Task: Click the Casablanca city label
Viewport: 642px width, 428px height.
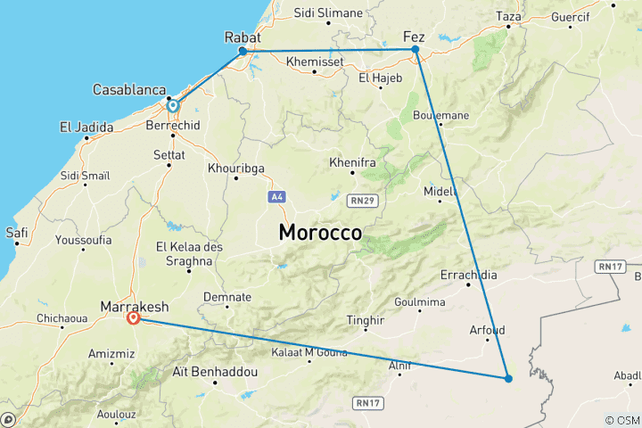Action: coord(131,90)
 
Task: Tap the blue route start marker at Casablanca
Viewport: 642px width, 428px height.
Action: coord(173,105)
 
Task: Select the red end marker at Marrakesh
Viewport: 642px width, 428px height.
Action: coord(133,317)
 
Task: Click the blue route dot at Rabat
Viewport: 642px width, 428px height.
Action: coord(243,51)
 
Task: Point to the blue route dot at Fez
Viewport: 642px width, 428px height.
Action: coord(416,49)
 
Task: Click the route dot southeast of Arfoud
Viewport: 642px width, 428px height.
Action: coord(508,379)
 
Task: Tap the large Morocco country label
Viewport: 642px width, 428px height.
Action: coord(320,233)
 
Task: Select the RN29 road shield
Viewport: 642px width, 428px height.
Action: coord(362,201)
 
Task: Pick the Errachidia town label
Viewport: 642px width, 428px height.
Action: coord(468,276)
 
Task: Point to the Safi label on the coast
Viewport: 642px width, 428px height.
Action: coord(16,232)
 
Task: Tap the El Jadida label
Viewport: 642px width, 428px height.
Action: coord(86,128)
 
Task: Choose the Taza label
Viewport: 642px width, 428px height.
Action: coord(507,16)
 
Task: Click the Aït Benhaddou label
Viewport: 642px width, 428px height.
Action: coord(215,371)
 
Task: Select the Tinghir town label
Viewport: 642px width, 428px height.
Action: coord(366,321)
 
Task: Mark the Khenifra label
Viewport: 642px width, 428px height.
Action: coord(352,162)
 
